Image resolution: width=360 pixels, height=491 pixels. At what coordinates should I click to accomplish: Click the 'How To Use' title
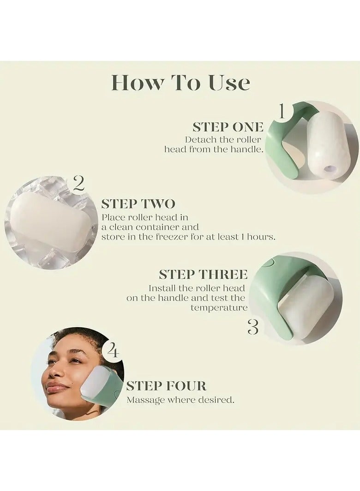(x=180, y=83)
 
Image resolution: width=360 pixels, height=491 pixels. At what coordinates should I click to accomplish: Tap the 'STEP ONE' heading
(x=228, y=127)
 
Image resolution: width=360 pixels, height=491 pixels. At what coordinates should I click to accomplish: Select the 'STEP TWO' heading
(x=138, y=204)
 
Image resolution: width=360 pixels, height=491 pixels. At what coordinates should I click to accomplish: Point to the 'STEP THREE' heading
(x=203, y=275)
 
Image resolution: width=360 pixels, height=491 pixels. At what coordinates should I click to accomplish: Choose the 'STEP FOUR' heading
(x=166, y=386)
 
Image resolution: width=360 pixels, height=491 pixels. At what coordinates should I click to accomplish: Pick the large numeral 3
(x=253, y=327)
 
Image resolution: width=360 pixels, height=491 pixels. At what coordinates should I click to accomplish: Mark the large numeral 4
(x=113, y=351)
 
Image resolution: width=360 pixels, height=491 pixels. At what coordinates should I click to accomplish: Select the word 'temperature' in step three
(x=219, y=308)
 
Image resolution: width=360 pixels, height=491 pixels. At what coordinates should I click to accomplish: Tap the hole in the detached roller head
(x=330, y=168)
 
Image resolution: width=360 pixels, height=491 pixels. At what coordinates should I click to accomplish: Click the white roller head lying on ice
(x=51, y=222)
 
